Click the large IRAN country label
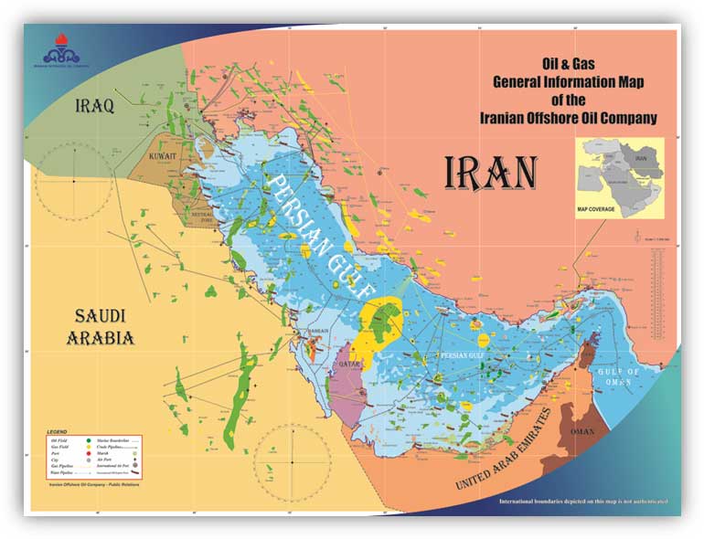tap(491, 173)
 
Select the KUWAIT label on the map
tap(168, 156)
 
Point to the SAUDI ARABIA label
tap(100, 326)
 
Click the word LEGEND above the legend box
tap(59, 429)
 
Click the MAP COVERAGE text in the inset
tap(596, 209)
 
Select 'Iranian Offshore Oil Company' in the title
tap(569, 119)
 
